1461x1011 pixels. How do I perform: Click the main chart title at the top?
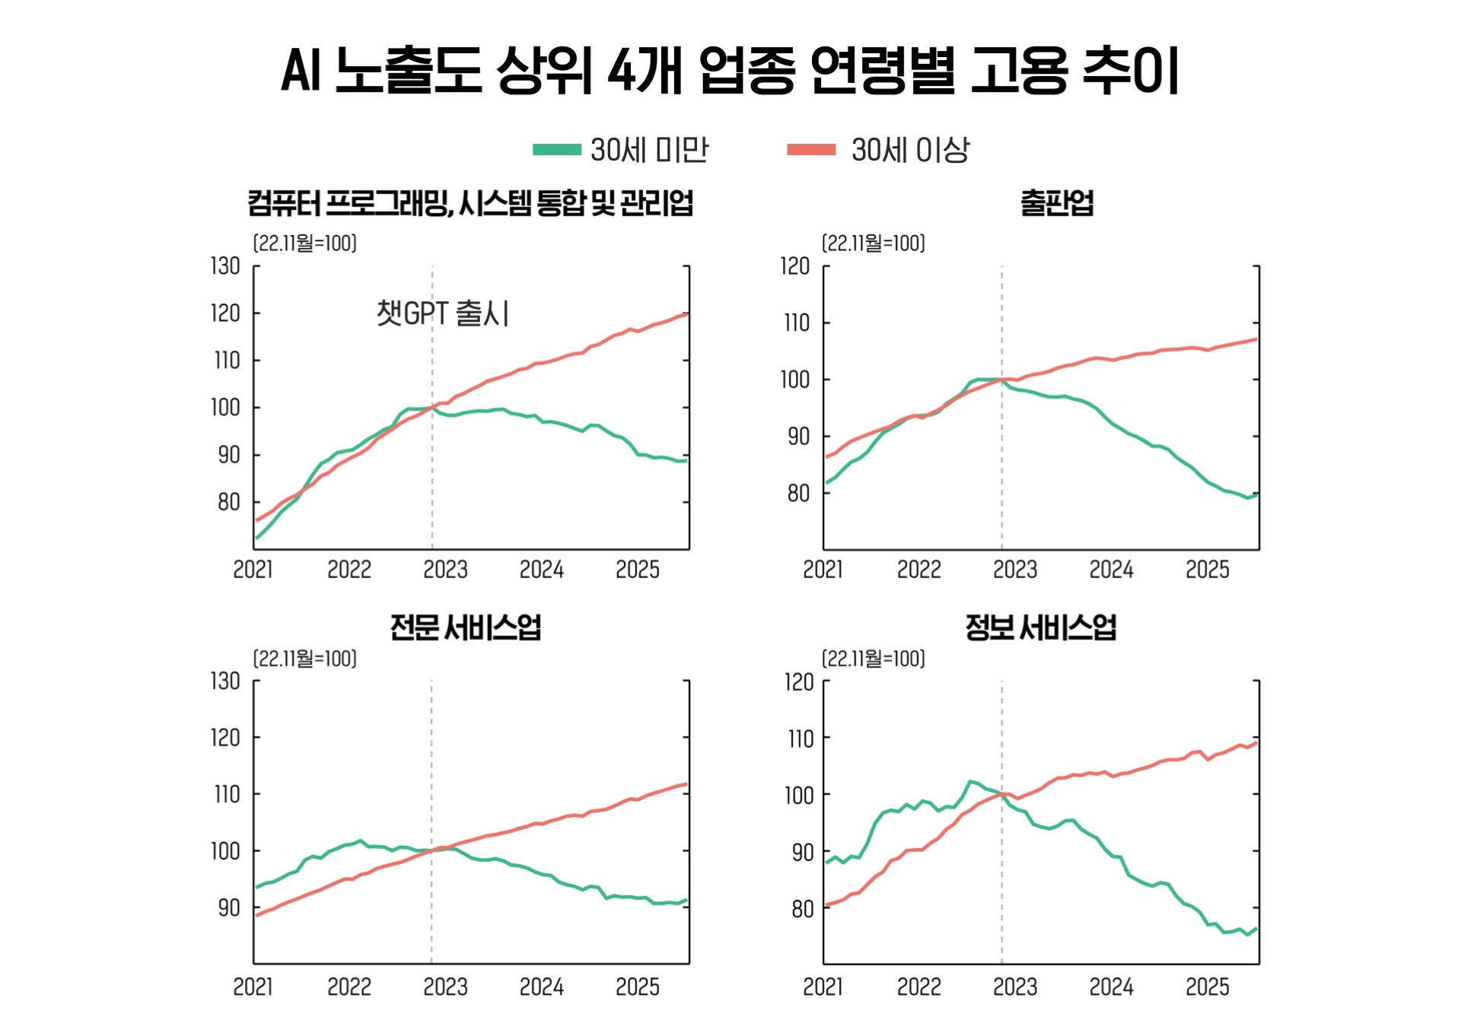730,70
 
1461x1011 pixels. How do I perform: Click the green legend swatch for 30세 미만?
556,150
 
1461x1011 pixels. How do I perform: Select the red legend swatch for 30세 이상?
811,150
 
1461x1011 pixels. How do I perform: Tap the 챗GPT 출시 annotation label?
443,313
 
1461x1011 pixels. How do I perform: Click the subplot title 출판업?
1056,203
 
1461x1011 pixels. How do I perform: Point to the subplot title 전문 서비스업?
465,628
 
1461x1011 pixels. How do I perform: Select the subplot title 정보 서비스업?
1040,628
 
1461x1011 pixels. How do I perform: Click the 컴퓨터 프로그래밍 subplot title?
470,203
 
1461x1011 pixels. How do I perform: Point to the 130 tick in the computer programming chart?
225,266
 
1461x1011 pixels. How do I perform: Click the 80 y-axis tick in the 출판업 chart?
798,493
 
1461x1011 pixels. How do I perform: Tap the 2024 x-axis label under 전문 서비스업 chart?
541,987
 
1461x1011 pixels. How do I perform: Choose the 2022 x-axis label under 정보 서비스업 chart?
918,987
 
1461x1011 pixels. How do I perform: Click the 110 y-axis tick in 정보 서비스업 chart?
800,738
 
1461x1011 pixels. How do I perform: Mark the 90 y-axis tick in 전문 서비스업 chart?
229,908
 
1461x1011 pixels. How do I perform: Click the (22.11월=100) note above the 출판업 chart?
873,243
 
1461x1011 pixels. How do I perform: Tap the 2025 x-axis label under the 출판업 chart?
1207,569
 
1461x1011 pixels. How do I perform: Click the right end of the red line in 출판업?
1256,339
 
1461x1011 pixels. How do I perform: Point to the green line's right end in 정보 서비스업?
1256,929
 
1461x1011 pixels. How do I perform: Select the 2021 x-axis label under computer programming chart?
253,569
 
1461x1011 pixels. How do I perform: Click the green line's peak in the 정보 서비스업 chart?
970,781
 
